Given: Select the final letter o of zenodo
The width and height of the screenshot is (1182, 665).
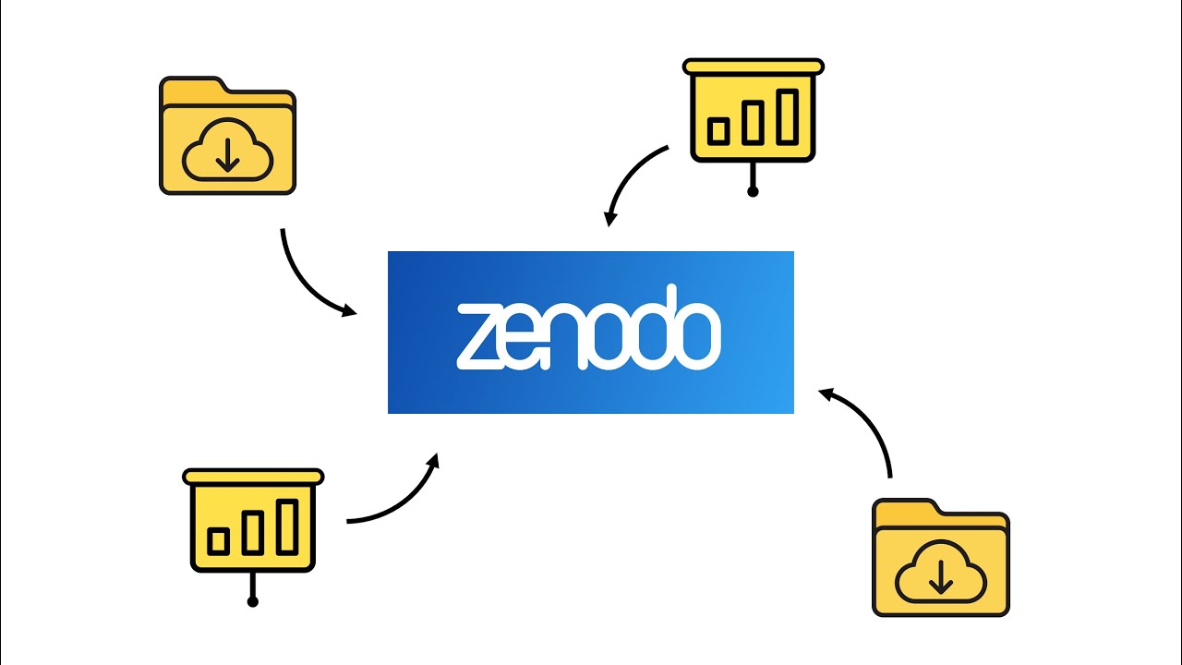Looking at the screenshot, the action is point(699,335).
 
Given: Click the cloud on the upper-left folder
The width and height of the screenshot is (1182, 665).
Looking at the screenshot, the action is point(227,150).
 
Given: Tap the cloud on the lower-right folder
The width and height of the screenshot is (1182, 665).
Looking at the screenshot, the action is point(941,572).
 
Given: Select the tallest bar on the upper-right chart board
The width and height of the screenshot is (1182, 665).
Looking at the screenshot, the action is point(788,116).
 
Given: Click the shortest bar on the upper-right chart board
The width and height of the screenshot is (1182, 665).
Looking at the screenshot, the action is point(718,131).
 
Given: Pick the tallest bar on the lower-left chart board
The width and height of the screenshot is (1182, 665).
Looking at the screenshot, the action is point(287,526).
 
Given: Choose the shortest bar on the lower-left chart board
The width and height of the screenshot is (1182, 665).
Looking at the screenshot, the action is point(218,541).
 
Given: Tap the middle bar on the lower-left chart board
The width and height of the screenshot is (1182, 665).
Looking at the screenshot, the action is point(253,533).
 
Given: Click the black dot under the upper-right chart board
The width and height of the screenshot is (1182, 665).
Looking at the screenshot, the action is point(753,191).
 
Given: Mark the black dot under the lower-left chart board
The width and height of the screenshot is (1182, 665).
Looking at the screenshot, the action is point(253,601).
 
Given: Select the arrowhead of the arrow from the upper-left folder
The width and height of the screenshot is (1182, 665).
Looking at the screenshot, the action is point(349,310).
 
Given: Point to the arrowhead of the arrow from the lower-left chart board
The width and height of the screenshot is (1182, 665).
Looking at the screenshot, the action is point(433,461).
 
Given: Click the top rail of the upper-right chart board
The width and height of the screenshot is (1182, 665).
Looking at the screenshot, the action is point(753,66).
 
